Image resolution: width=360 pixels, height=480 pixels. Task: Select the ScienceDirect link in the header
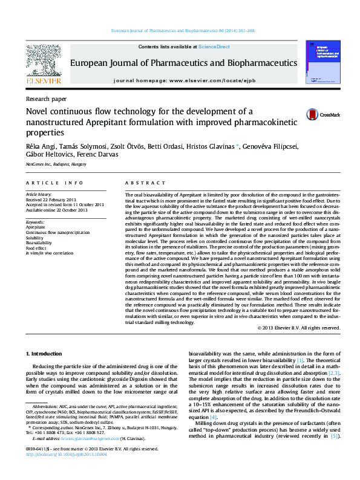click(x=214, y=47)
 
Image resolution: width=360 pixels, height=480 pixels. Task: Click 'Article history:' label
click(x=39, y=195)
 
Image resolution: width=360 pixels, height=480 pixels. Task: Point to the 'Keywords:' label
click(x=36, y=222)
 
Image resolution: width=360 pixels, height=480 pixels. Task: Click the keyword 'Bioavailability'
click(x=40, y=242)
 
